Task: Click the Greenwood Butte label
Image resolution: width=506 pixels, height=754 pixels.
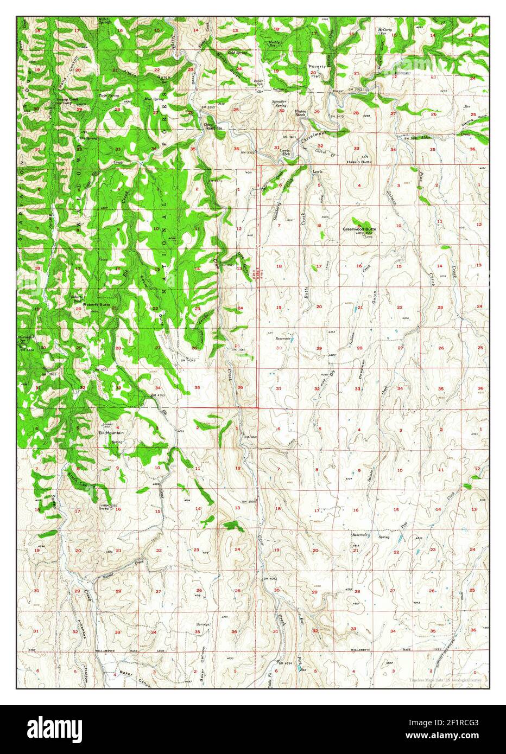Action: (x=359, y=229)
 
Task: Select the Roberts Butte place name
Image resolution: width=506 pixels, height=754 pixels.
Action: (x=97, y=305)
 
